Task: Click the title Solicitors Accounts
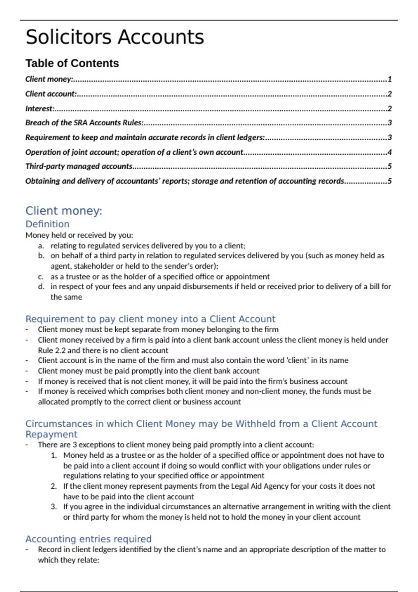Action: tap(115, 37)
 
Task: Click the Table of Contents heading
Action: tap(72, 63)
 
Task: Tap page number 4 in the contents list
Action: tap(389, 152)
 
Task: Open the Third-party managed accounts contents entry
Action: tap(79, 166)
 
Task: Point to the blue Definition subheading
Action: tap(47, 224)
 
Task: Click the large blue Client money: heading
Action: tap(64, 211)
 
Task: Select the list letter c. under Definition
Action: tap(41, 277)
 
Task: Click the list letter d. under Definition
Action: tap(41, 287)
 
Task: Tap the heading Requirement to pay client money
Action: tap(150, 319)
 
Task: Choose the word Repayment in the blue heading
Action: tap(51, 434)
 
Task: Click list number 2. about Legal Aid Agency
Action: tap(54, 486)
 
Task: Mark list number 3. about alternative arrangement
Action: tap(54, 507)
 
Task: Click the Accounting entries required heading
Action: tap(88, 539)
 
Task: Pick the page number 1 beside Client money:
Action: tap(389, 79)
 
